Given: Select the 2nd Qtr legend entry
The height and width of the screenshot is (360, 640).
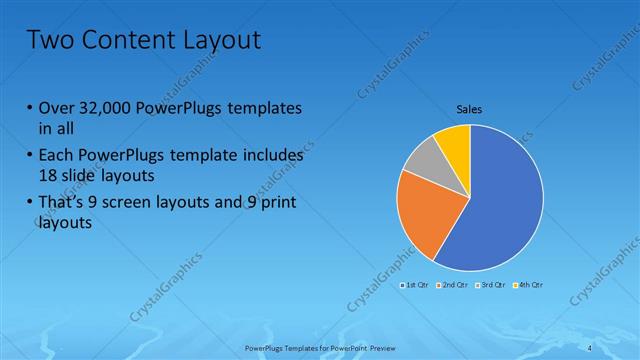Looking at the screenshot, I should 454,285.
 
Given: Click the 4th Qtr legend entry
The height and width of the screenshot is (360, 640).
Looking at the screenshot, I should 530,285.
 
